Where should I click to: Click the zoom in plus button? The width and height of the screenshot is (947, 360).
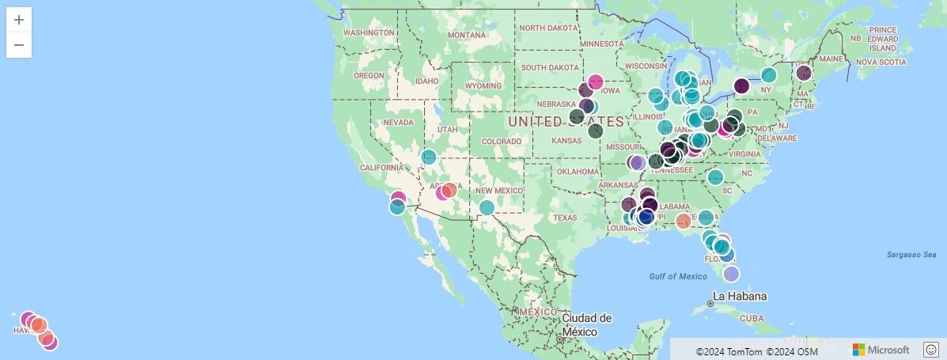(19, 20)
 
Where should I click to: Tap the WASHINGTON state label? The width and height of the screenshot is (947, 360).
(369, 32)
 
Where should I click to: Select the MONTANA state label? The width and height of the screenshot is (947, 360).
(466, 36)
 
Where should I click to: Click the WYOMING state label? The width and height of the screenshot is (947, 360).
(483, 85)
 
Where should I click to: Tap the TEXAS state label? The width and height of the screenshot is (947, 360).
(566, 218)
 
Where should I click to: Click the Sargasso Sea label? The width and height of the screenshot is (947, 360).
(911, 255)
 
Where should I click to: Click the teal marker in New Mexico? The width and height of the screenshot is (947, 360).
(487, 207)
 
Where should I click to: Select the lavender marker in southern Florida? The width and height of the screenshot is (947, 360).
(731, 274)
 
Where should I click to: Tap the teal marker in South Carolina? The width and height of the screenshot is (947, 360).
(715, 177)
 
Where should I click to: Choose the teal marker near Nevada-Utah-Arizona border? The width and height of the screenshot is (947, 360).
(428, 157)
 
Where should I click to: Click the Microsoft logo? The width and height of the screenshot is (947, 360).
(881, 350)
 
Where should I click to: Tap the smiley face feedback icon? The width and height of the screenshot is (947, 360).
(931, 349)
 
